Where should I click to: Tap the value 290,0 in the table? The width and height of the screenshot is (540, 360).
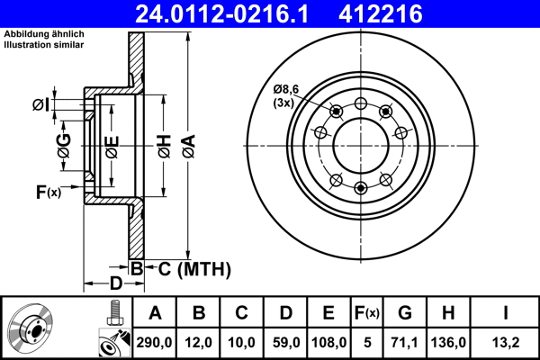pos(156,342)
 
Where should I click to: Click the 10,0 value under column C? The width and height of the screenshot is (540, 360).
pos(242,342)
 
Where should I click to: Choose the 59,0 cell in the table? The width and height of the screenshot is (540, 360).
pos(285,342)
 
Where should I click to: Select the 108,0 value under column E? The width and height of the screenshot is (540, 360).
pos(328,342)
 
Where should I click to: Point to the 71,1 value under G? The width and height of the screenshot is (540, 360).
pos(404,342)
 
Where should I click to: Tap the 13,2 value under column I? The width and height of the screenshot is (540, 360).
pos(506,342)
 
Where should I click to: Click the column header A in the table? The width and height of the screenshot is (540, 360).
pos(156,313)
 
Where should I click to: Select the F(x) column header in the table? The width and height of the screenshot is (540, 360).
pos(366,313)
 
